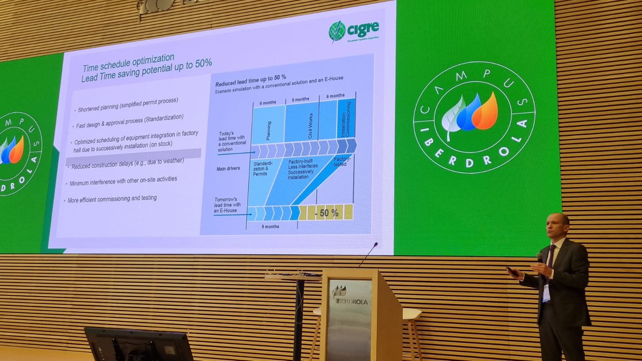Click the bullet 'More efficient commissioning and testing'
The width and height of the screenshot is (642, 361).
[x=113, y=199]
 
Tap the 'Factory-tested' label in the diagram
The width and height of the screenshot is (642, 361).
[x=342, y=162]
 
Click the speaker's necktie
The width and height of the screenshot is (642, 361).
[x=551, y=257]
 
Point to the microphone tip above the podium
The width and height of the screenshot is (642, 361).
[x=376, y=244]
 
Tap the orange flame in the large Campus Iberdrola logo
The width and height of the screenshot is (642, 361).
[x=485, y=112]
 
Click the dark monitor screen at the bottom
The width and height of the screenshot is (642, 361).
[x=139, y=345]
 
